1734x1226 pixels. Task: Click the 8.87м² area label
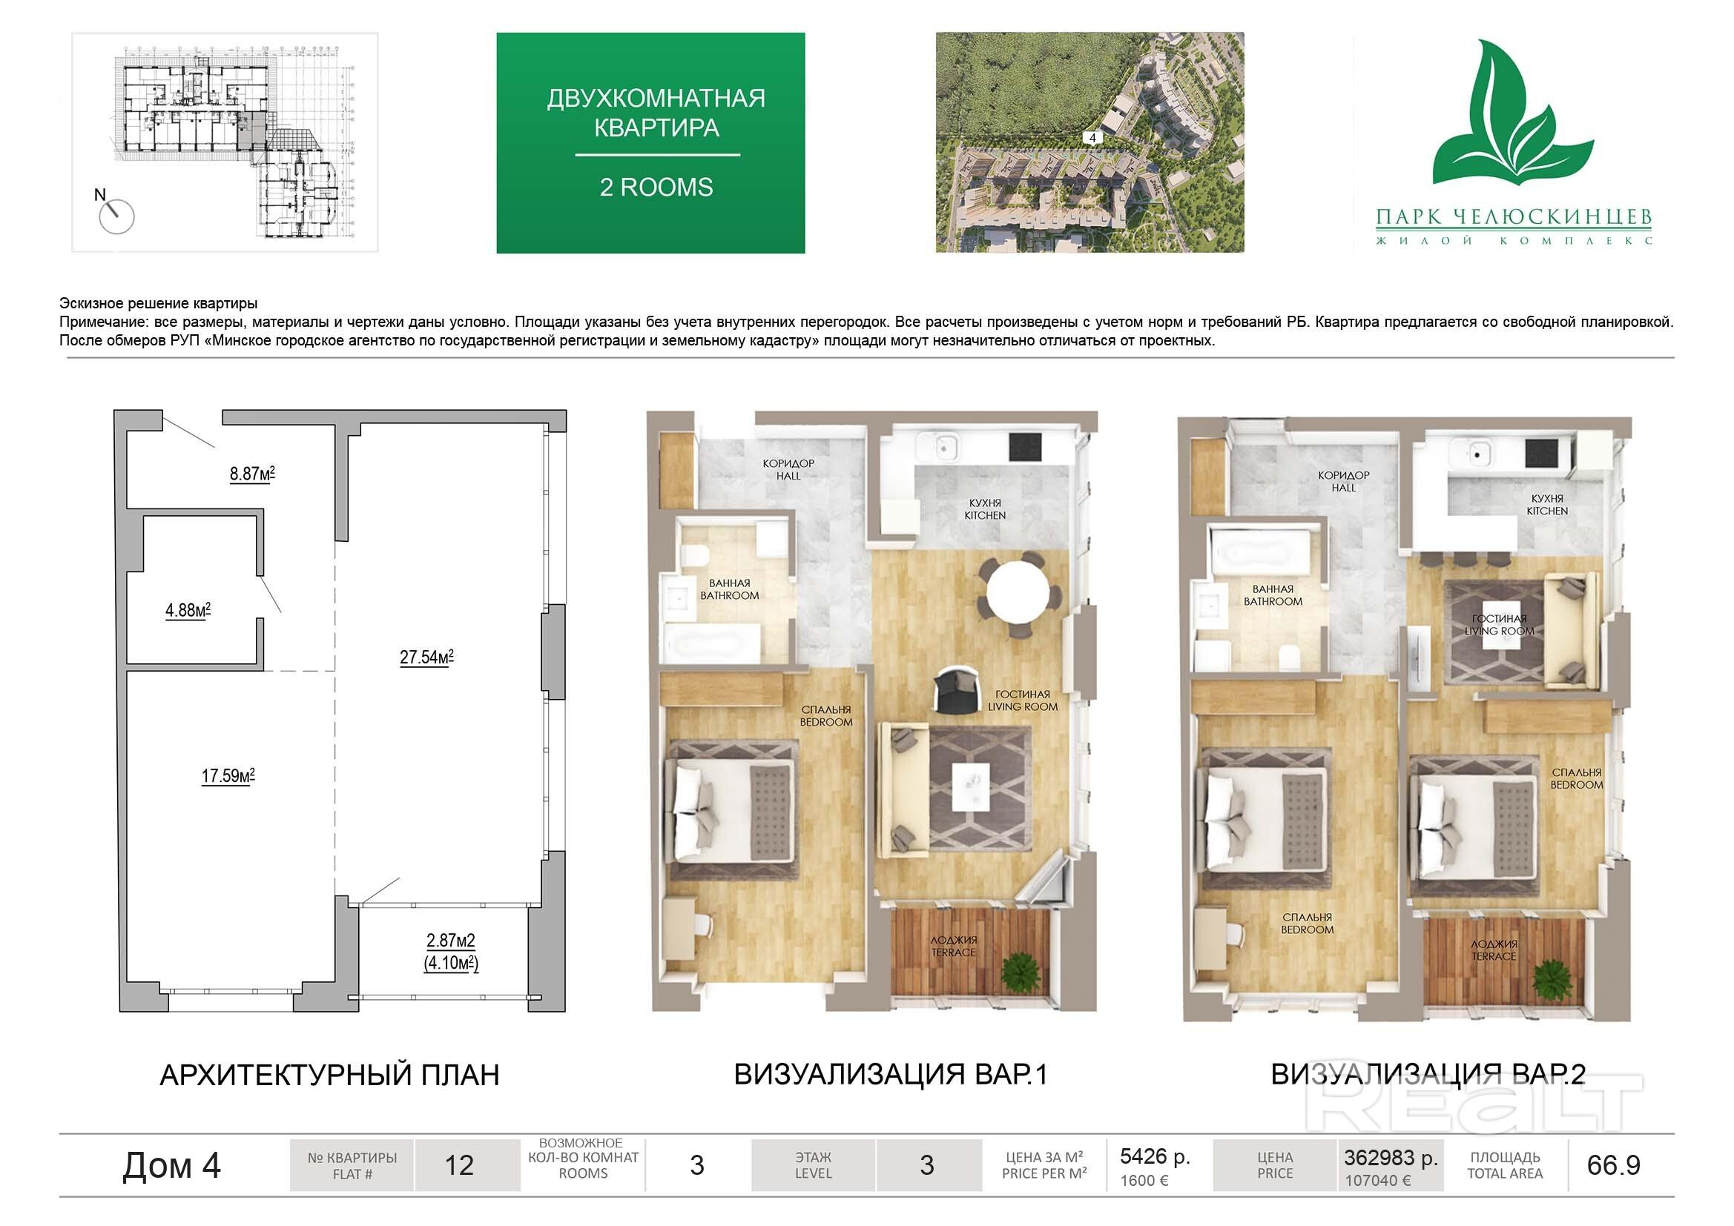click(x=252, y=474)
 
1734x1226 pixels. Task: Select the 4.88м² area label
click(x=188, y=610)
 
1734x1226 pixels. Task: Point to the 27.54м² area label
click(x=426, y=657)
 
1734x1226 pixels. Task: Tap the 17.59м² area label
click(x=228, y=776)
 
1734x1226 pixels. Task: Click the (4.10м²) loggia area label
click(x=451, y=964)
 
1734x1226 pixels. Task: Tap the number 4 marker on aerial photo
click(x=1092, y=138)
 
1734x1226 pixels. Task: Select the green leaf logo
click(x=1513, y=113)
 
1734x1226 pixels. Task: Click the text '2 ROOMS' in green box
click(x=656, y=188)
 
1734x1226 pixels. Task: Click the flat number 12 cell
click(x=459, y=1165)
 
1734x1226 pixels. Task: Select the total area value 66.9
click(x=1613, y=1165)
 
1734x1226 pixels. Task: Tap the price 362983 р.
click(x=1391, y=1157)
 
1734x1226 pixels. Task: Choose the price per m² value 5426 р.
click(x=1155, y=1156)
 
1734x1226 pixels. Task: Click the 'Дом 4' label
click(x=171, y=1166)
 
